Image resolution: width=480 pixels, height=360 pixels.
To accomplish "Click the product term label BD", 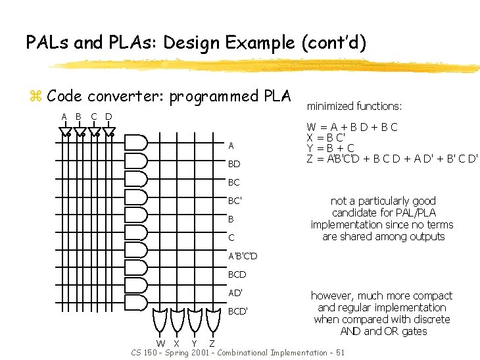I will pos(233,163).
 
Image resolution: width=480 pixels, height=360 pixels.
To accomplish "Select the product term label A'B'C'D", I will pos(243,255).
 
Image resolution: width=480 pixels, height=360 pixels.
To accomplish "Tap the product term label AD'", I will pos(235,292).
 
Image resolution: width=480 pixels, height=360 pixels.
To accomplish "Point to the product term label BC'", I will pos(235,200).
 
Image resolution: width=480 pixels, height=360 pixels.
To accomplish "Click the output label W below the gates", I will pos(160,343).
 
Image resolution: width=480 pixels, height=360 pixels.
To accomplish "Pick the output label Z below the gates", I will pos(212,343).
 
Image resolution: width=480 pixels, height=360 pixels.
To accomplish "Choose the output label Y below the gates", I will pos(195,343).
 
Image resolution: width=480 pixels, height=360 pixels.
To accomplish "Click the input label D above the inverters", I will pos(109,117).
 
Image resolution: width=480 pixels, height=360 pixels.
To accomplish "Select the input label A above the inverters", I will pos(64,117).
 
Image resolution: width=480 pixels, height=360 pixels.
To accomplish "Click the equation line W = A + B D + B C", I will pos(352,127).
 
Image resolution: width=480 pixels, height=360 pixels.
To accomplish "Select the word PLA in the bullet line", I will pos(277,96).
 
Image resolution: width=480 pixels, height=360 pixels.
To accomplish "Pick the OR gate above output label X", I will pos(177,319).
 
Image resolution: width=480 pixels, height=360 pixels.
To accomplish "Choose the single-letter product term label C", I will pos(231,237).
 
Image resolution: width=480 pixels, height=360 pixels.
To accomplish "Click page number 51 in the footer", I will pos(339,353).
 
